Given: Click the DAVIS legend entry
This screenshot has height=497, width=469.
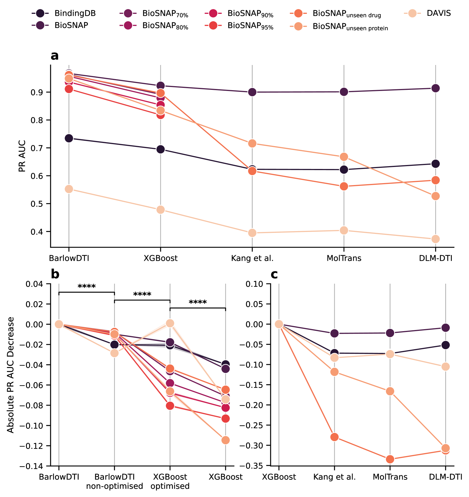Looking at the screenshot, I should point(439,13).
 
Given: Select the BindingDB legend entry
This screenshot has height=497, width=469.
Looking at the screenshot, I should point(75,13).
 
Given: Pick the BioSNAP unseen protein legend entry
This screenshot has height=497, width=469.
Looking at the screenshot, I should point(350,27).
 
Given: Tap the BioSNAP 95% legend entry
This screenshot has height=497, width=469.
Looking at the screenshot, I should point(250,26).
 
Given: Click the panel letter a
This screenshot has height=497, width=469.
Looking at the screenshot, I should point(54,56).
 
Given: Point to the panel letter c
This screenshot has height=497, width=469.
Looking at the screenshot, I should point(274,274).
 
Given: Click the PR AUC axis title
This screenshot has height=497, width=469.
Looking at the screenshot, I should point(22,156).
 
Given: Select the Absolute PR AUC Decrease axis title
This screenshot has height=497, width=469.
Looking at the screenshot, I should point(11,375).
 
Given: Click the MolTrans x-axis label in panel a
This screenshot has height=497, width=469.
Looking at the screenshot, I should point(344,258).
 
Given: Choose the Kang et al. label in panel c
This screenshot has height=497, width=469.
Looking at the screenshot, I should point(334,477).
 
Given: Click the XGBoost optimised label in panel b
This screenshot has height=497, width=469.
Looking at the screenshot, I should point(170,481).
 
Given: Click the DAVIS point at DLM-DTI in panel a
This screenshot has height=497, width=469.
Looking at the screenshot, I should point(435,239).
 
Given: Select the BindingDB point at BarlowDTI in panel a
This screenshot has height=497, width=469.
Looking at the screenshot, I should point(69,138).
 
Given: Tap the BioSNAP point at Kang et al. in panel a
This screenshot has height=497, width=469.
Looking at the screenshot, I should point(252,92).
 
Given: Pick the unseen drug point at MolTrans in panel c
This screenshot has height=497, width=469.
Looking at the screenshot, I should point(390,459).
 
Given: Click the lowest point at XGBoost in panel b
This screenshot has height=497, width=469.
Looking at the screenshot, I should point(225,440).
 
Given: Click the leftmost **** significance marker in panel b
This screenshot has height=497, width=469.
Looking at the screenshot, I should point(86,287).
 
